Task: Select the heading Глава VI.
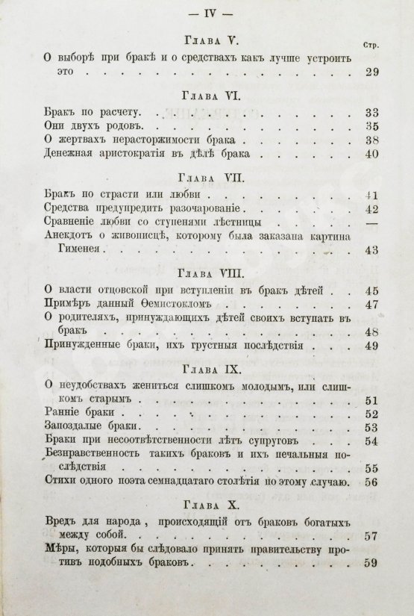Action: [x=207, y=96]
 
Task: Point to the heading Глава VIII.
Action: [x=207, y=272]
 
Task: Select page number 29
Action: [x=371, y=72]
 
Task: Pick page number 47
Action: [x=371, y=304]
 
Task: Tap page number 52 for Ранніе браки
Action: [x=371, y=413]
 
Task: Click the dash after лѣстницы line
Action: [x=371, y=223]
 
